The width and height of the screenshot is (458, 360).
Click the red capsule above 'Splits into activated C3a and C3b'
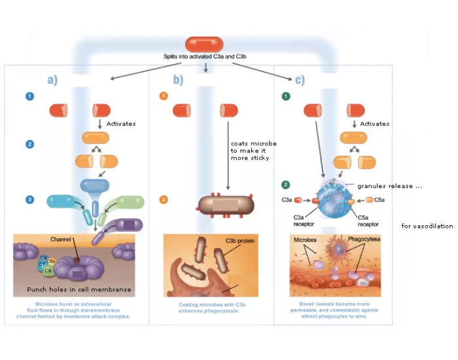coord(204,45)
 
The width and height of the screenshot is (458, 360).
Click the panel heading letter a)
coord(52,81)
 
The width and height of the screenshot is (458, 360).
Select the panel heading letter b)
coord(178,81)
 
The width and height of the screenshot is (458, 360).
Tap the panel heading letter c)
coord(300,81)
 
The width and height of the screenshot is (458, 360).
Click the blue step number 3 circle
coord(29,199)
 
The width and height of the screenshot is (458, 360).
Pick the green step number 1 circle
coord(285,96)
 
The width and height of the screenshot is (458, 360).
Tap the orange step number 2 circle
coord(164,200)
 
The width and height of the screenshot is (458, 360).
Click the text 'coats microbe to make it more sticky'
coord(253,151)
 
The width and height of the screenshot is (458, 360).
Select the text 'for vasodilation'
coord(427,226)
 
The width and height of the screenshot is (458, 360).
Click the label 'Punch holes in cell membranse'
coord(79,289)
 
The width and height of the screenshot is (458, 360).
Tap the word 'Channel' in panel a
coord(61,240)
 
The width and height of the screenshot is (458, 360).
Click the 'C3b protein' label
coord(239,241)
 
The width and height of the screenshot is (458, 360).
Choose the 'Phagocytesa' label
coord(364,240)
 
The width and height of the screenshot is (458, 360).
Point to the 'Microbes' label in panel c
coord(304,240)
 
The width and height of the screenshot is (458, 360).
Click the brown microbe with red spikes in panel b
coord(224,205)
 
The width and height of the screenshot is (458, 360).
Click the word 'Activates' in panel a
coord(120,124)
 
